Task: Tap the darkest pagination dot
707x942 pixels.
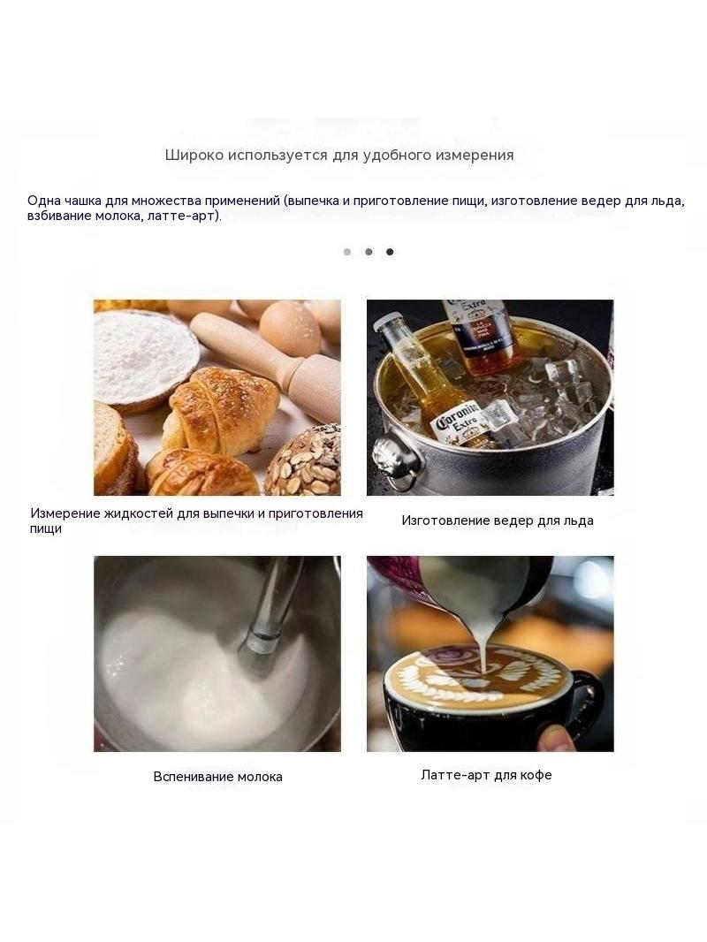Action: click(x=390, y=252)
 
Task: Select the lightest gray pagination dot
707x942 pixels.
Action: click(x=347, y=252)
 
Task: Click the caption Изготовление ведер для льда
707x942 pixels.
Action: click(x=498, y=520)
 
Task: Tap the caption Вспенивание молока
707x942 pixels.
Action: click(x=217, y=776)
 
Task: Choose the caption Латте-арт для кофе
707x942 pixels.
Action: click(x=486, y=774)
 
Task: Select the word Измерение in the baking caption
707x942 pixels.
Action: click(x=65, y=513)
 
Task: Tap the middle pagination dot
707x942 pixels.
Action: click(x=369, y=252)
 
